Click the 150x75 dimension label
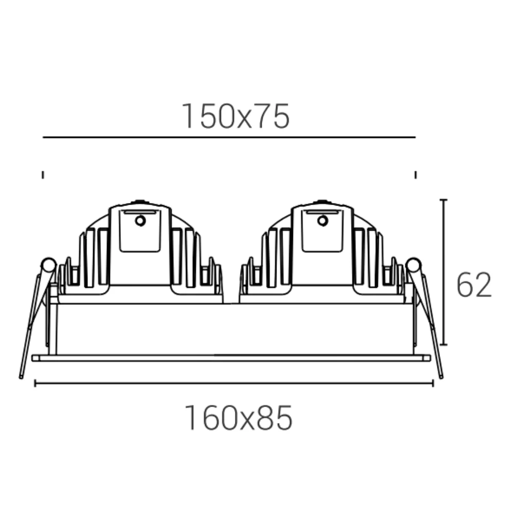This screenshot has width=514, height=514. (235, 116)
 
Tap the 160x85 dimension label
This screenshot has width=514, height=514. (238, 418)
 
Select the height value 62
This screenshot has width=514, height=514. (474, 285)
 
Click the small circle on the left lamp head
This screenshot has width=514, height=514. (140, 221)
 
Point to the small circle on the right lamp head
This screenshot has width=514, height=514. (323, 221)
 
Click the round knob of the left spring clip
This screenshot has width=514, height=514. (48, 265)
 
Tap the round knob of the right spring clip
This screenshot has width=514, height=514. (413, 265)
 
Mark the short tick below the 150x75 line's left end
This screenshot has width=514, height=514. (43, 175)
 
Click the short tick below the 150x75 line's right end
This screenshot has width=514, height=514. (416, 175)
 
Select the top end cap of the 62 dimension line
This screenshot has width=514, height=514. (444, 199)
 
